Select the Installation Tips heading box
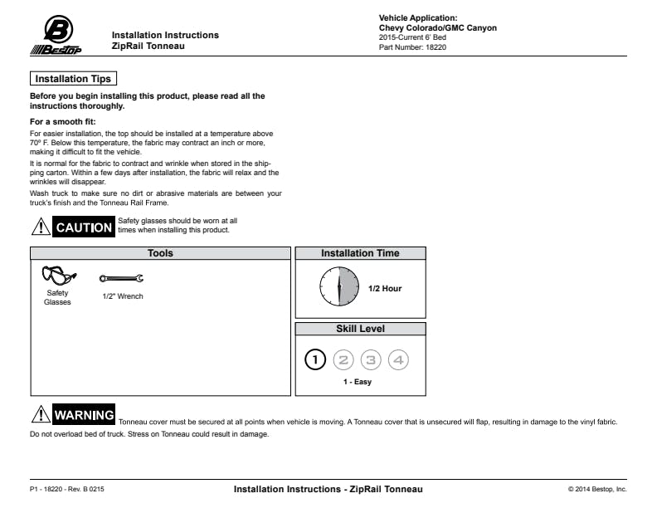click(73, 79)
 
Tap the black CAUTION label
click(83, 227)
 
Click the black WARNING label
click(84, 415)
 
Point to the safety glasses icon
click(58, 275)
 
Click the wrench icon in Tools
click(121, 280)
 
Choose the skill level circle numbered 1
click(316, 359)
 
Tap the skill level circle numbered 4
click(399, 359)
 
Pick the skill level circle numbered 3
click(372, 359)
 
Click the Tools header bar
click(160, 253)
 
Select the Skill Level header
click(360, 329)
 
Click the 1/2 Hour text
click(385, 289)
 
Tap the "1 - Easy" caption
click(358, 382)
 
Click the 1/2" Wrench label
click(123, 296)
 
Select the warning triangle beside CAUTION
click(40, 226)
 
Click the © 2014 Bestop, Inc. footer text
click(597, 489)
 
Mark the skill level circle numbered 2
click(343, 359)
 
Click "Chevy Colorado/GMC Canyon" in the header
click(437, 28)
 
